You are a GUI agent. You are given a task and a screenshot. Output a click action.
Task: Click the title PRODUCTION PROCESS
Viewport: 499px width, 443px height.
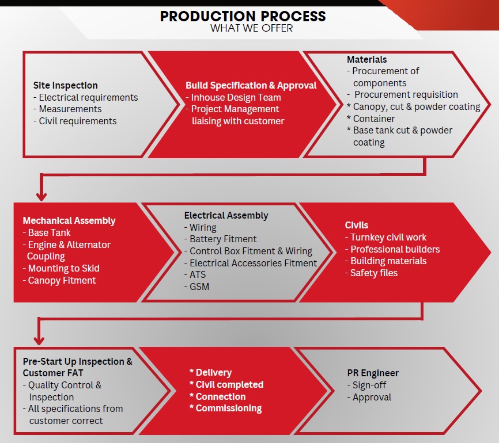coord(243,16)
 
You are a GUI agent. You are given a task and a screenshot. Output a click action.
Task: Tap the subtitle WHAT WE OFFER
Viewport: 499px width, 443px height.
coord(251,28)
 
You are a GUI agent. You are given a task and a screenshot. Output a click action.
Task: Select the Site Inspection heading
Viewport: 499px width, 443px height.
coord(66,85)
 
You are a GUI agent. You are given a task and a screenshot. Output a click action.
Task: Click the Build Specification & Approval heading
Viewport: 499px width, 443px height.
coord(251,85)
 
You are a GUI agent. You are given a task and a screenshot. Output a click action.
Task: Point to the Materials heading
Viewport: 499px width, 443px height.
coord(367,59)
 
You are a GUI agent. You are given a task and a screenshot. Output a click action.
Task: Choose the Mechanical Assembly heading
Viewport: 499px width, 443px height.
coord(69,220)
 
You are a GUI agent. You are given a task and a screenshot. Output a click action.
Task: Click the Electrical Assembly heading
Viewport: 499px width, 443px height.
coord(226,215)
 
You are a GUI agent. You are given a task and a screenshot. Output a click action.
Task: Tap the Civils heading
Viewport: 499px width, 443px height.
coord(357,225)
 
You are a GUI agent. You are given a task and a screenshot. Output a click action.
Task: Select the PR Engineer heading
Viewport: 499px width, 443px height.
coord(373,373)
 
